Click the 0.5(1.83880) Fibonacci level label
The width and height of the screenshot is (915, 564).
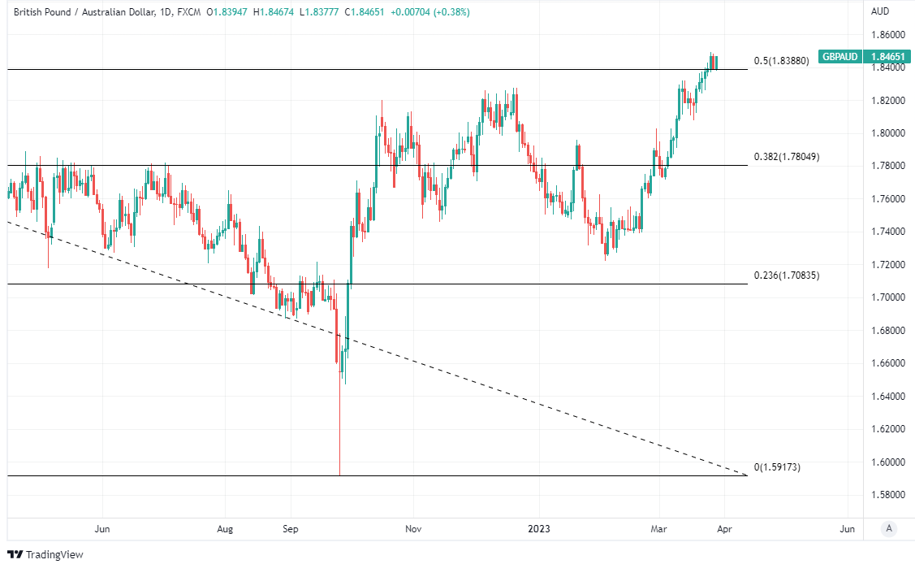click(x=781, y=61)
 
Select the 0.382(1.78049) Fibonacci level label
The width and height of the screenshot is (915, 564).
click(x=786, y=157)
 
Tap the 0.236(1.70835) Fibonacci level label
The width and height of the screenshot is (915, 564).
click(x=786, y=275)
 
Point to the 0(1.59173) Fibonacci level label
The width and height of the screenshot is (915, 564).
click(x=777, y=467)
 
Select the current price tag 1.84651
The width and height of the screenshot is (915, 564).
click(x=887, y=57)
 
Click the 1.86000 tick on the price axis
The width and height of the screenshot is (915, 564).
click(x=887, y=35)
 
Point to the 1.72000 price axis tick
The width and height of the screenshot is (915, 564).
click(x=887, y=265)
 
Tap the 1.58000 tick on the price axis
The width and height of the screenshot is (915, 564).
click(x=887, y=495)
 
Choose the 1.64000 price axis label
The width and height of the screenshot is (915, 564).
click(x=887, y=397)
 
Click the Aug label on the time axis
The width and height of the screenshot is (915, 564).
click(x=225, y=529)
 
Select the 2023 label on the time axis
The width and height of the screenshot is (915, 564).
click(x=538, y=529)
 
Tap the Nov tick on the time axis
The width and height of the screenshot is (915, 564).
click(x=412, y=529)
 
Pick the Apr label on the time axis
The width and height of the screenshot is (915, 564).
click(x=724, y=529)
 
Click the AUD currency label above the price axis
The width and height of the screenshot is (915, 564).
click(x=880, y=11)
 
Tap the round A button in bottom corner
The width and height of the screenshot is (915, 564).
click(x=890, y=529)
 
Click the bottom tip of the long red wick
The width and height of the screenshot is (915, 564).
click(x=339, y=475)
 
